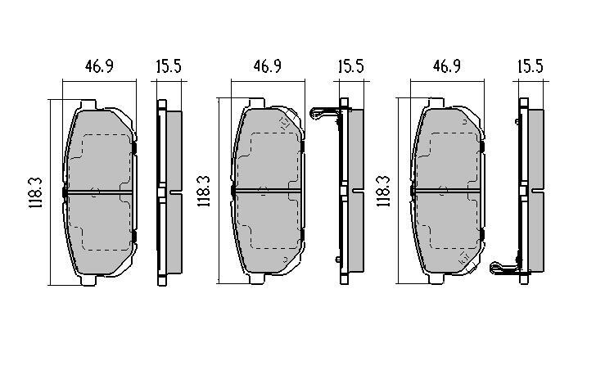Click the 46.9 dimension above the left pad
[x=99, y=66]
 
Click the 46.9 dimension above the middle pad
[x=267, y=66]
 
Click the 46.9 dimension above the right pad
[x=447, y=66]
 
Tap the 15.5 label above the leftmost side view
[x=169, y=66]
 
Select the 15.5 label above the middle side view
[x=351, y=66]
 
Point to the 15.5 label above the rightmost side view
[x=531, y=66]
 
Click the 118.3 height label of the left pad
[x=36, y=192]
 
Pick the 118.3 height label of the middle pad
[x=204, y=191]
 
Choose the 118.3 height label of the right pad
[x=383, y=191]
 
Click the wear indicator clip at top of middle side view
[x=324, y=113]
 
